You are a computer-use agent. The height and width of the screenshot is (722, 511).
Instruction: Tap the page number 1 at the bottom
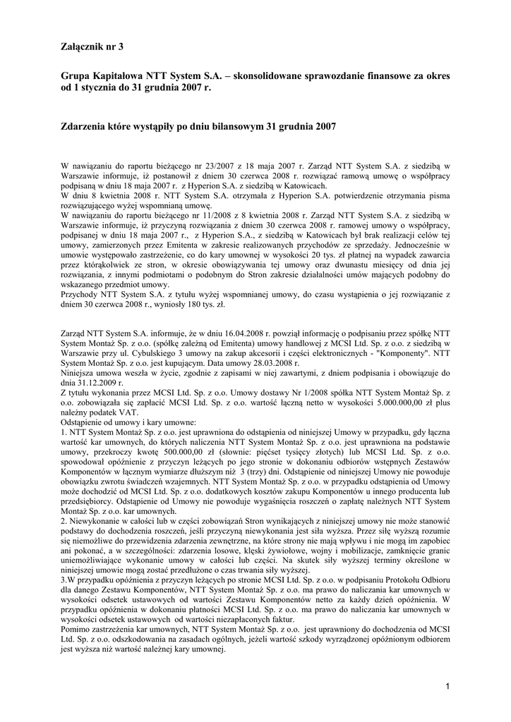[447, 686]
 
